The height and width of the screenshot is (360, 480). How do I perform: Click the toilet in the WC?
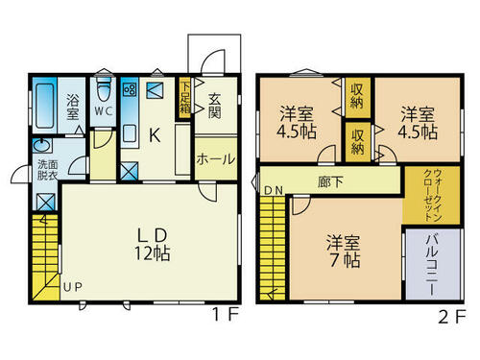point(103,88)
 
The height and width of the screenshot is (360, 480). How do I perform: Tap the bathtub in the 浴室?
point(45,106)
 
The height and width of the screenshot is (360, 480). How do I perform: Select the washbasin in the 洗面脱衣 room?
point(42,146)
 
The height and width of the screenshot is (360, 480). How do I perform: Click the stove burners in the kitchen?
point(131,89)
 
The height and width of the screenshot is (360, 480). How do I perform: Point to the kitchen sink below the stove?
point(130,133)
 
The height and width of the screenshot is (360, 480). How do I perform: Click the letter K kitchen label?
point(155,135)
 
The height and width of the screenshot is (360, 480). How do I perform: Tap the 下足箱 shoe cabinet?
point(184,98)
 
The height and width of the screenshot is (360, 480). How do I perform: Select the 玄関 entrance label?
point(215,106)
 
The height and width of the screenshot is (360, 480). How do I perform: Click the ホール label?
point(216,159)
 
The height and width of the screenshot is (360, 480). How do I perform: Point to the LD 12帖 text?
point(152,245)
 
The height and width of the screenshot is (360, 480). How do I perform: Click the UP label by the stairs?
point(73,287)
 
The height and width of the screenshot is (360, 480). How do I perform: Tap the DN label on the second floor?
point(274,191)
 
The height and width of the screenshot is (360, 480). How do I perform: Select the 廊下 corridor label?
point(330,182)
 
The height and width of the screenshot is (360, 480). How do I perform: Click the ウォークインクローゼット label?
point(433,196)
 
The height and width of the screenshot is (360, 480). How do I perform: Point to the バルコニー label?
point(432,265)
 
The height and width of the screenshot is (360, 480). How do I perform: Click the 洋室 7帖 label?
point(344,252)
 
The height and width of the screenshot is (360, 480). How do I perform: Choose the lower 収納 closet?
point(358,142)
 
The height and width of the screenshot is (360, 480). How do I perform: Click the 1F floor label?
point(226,315)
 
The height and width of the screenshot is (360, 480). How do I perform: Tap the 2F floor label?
point(452,317)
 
